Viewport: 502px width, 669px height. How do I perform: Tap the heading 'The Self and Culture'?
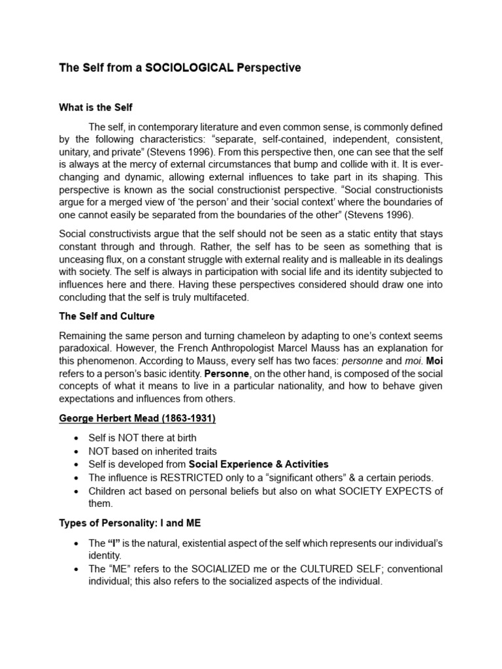[x=107, y=316]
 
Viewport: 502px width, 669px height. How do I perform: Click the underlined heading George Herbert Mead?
[x=137, y=419]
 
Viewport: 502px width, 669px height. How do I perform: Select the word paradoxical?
[x=86, y=348]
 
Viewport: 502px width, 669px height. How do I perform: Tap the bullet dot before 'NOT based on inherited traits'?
[x=78, y=451]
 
